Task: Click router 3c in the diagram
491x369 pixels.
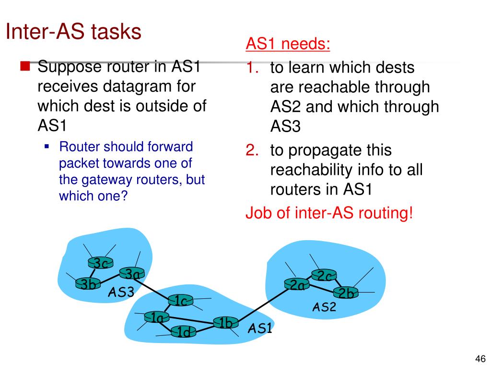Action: [x=100, y=263]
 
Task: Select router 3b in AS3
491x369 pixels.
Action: [x=88, y=284]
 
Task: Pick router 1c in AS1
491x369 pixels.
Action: [x=181, y=301]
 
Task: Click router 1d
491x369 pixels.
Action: [x=183, y=332]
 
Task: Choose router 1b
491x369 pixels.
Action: [x=225, y=323]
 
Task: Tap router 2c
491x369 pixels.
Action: [x=324, y=276]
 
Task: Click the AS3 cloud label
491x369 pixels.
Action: [x=120, y=292]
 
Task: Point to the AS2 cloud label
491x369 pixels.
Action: [x=324, y=307]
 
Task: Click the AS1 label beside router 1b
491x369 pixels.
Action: [x=260, y=329]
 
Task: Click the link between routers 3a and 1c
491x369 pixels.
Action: [x=155, y=287]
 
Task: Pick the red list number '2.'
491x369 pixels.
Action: [x=253, y=150]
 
